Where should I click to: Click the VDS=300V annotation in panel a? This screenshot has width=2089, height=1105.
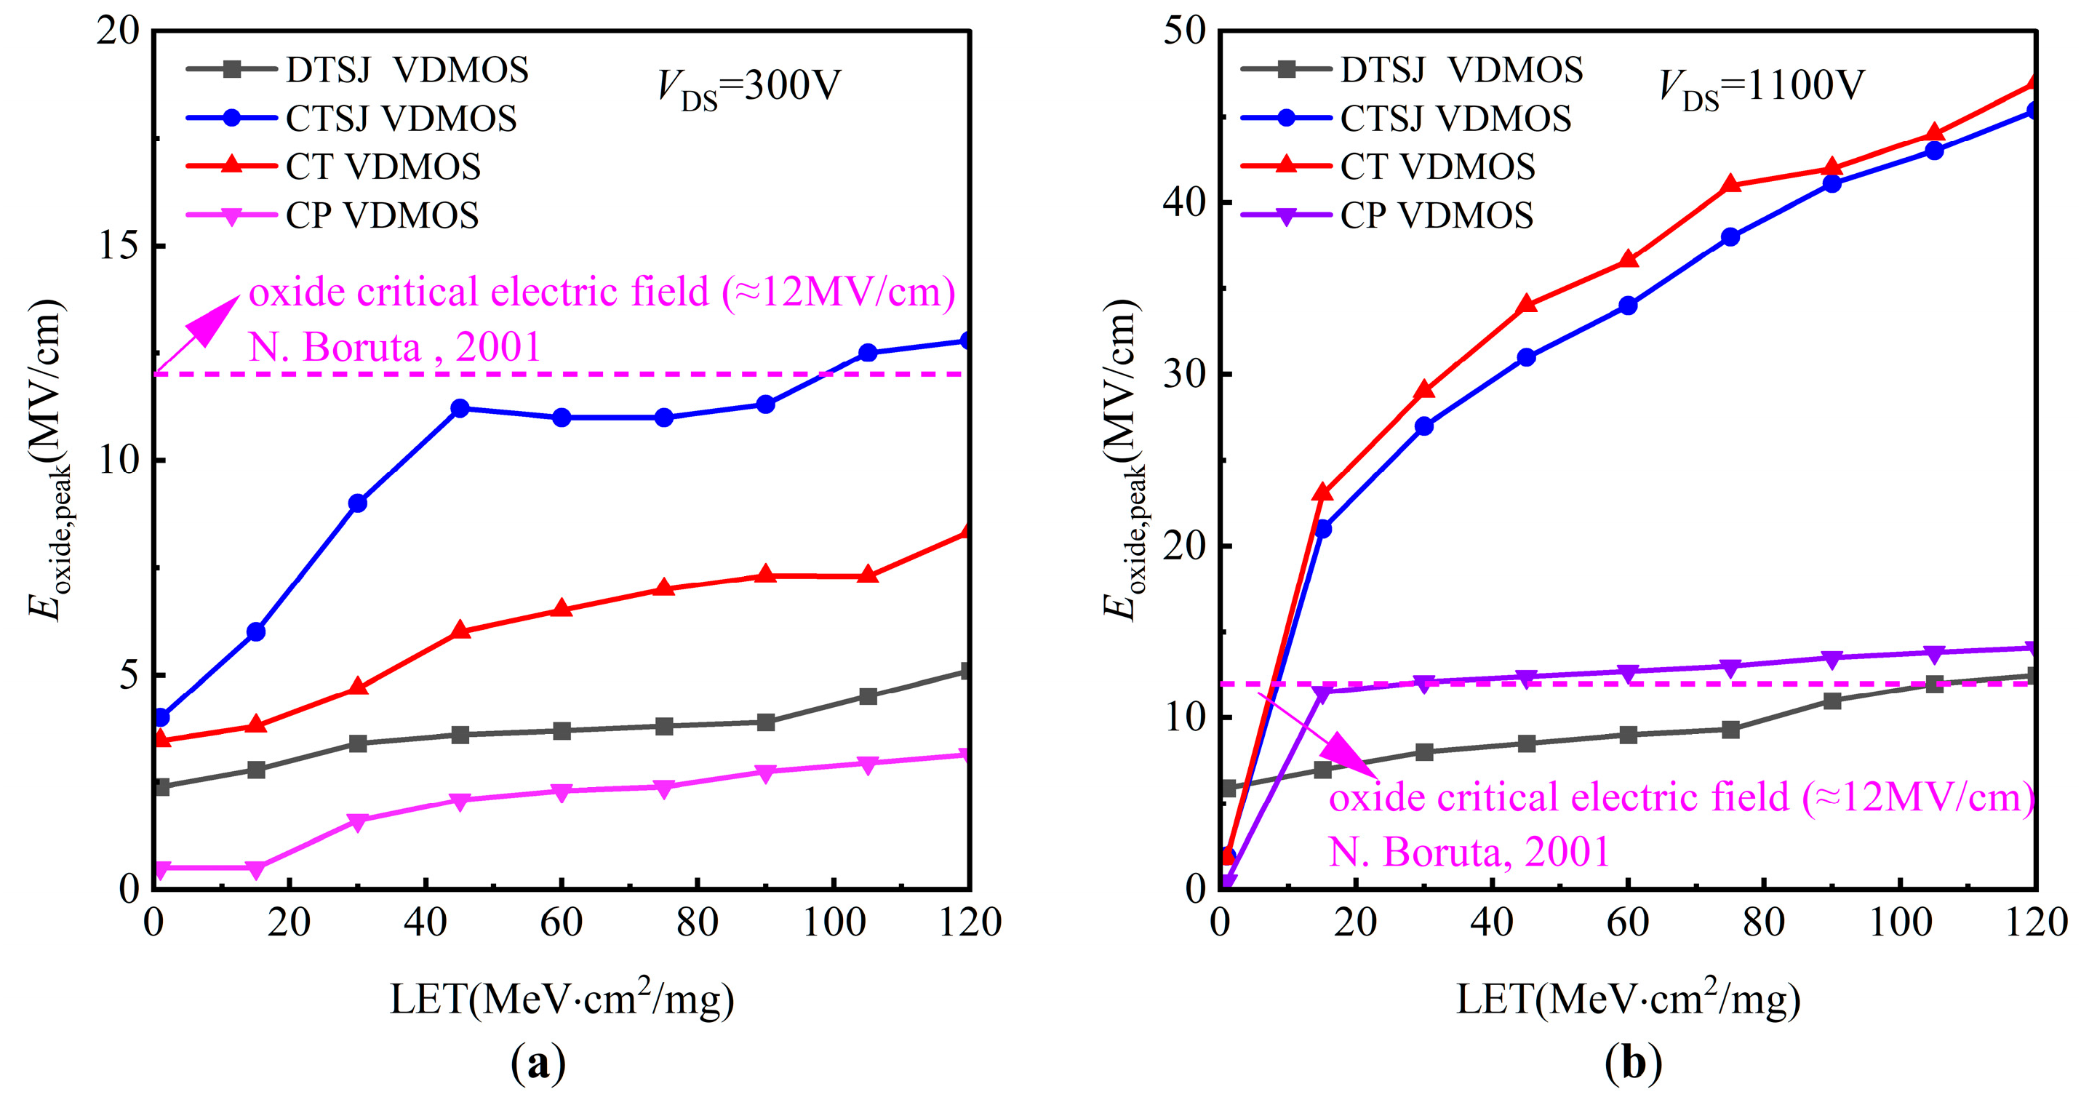[x=748, y=87]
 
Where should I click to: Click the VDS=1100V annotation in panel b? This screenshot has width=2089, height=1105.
[x=1762, y=87]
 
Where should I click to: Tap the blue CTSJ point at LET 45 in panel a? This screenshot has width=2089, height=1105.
[x=460, y=408]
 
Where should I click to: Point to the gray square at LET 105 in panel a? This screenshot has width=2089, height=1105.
[x=868, y=696]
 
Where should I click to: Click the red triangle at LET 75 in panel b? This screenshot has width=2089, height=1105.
[x=1730, y=184]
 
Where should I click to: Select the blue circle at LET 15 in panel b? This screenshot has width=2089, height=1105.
[x=1322, y=529]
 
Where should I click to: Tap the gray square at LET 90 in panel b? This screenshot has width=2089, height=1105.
[x=1832, y=700]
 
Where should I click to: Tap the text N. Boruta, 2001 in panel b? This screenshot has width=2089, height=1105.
[x=1469, y=853]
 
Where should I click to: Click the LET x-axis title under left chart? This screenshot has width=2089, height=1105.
[x=562, y=999]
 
